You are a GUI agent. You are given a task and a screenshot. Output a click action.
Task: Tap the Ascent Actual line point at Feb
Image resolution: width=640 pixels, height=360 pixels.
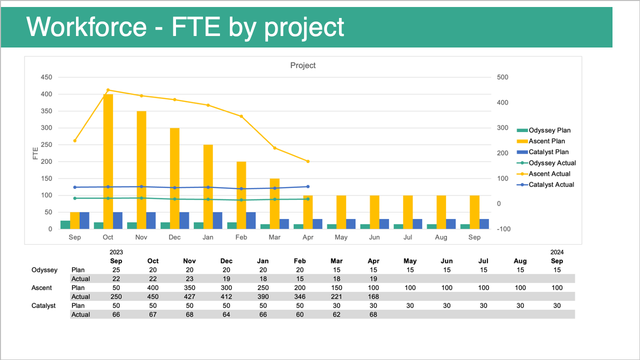[241, 116]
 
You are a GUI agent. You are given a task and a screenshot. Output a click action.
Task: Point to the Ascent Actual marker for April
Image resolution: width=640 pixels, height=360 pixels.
[308, 161]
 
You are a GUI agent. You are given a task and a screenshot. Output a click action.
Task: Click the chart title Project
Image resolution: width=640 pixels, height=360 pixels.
[303, 65]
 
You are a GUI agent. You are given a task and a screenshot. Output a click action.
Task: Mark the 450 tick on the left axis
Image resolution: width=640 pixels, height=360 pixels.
[46, 77]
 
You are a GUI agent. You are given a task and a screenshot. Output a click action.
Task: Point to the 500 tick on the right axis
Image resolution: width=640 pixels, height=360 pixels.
[502, 77]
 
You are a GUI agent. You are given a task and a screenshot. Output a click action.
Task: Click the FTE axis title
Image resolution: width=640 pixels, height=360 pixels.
[35, 153]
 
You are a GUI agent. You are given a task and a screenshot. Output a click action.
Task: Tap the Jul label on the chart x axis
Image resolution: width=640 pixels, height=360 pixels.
[407, 237]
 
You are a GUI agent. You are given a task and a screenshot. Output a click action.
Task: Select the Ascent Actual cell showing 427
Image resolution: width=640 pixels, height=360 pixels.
[189, 296]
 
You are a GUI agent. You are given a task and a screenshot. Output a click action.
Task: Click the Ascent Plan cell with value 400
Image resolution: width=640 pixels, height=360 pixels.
[153, 287]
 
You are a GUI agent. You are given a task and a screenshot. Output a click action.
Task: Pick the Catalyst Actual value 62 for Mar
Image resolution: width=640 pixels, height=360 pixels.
[336, 314]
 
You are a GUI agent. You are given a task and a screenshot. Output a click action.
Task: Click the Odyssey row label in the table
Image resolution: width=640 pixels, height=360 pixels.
[44, 270]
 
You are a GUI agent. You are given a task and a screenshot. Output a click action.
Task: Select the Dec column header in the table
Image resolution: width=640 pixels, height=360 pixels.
[226, 261]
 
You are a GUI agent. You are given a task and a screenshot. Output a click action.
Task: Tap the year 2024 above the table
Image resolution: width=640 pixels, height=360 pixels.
[557, 252]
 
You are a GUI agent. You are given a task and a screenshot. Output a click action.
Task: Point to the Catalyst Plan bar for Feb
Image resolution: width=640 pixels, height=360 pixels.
[251, 220]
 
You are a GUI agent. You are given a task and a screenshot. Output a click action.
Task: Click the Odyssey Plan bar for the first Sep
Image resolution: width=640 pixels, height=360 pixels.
[65, 224]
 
